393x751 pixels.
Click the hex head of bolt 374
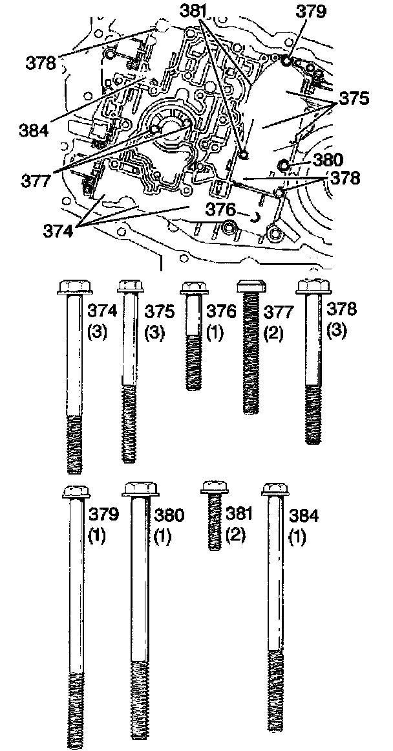[x=74, y=286]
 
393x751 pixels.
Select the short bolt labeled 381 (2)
[x=215, y=515]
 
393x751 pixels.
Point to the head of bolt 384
[x=275, y=489]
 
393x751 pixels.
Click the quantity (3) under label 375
[x=154, y=332]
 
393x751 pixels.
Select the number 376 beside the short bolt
[x=221, y=312]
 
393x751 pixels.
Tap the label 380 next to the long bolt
[x=168, y=515]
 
